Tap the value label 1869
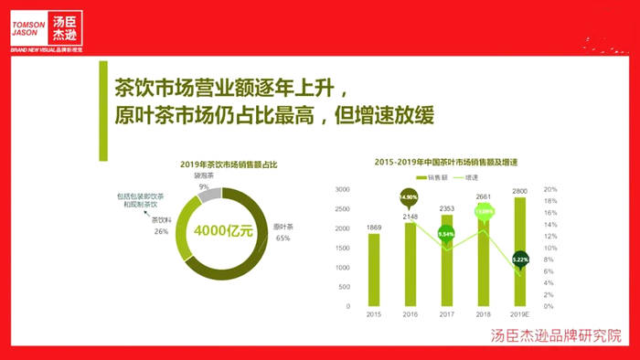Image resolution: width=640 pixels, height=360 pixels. pyautogui.click(x=374, y=226)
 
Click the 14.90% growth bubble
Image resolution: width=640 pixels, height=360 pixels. pyautogui.click(x=410, y=196)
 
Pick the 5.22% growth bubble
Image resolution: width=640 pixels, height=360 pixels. pyautogui.click(x=519, y=259)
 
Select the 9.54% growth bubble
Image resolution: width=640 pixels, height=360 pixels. pyautogui.click(x=446, y=233)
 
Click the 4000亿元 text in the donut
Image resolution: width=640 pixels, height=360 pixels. pyautogui.click(x=223, y=229)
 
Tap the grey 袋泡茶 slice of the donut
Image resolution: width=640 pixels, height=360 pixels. pyautogui.click(x=209, y=194)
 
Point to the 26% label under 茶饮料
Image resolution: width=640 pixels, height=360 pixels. pyautogui.click(x=161, y=231)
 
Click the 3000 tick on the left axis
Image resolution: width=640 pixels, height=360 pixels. pyautogui.click(x=343, y=189)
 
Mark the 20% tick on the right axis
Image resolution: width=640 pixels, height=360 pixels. pyautogui.click(x=551, y=189)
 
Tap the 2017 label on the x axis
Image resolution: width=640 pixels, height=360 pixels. pyautogui.click(x=446, y=313)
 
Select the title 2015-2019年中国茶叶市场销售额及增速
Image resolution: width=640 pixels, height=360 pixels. pyautogui.click(x=447, y=162)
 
